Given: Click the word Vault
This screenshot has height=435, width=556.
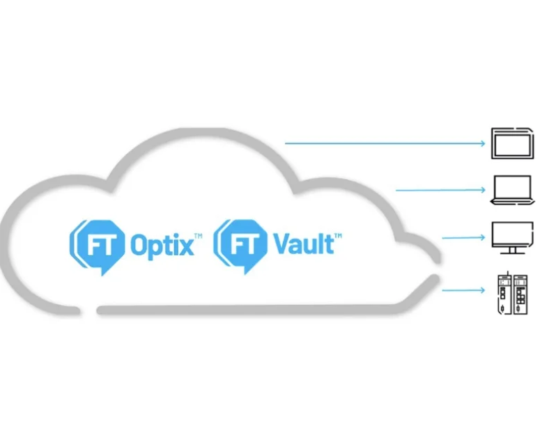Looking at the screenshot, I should coord(304,244).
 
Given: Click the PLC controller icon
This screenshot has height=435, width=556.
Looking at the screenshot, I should coord(511,292).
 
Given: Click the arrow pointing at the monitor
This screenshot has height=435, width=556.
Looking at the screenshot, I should coord(463,238).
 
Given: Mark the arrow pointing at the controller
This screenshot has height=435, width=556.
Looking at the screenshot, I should coord(463,290).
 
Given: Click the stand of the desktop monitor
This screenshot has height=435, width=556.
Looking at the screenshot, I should coord(512,251).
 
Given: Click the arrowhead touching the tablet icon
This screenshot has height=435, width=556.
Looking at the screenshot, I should coord(481,143).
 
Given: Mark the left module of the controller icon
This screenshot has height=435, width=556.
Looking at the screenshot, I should coord(502,292).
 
